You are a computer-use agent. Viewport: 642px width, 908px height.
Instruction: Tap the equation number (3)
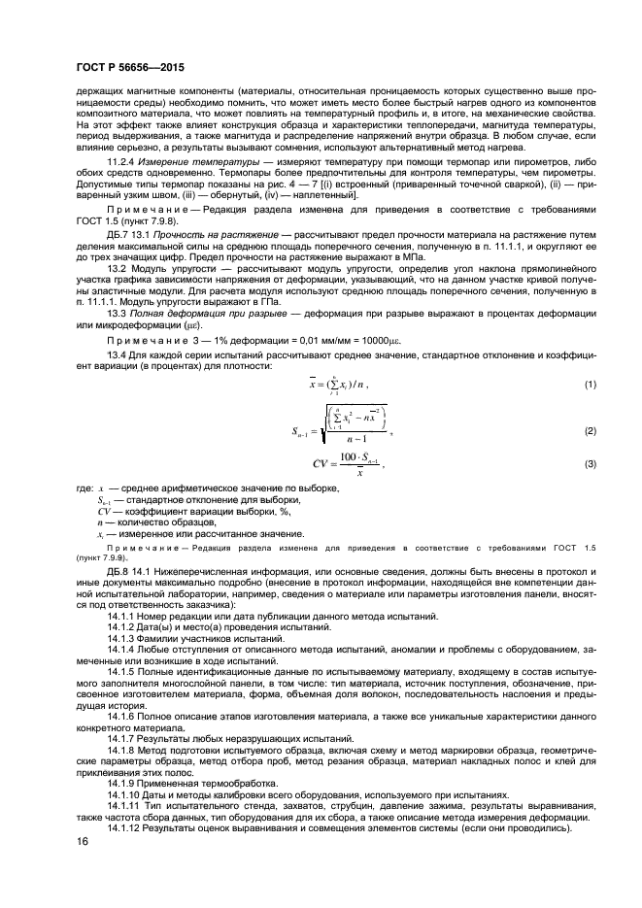(x=588, y=464)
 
